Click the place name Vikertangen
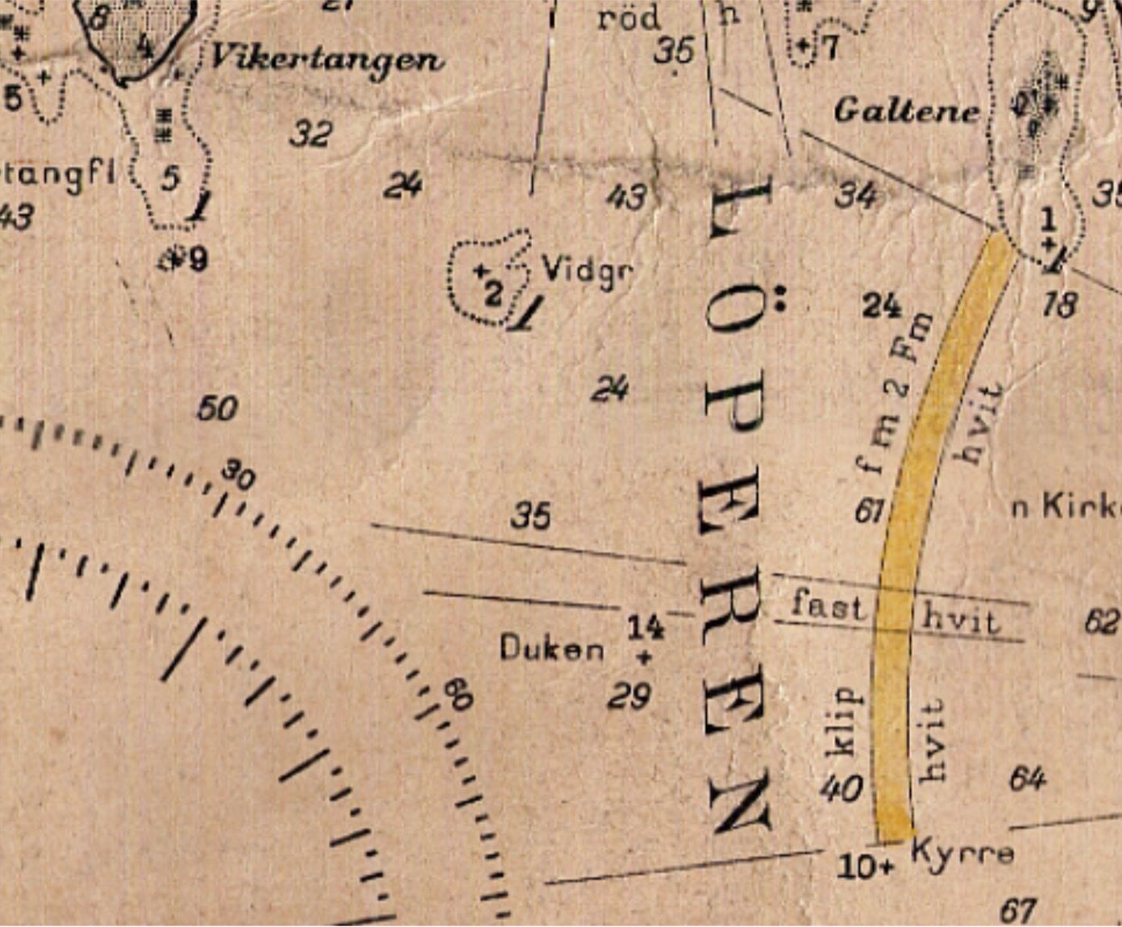(326, 58)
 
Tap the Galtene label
(906, 110)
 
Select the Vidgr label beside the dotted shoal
(587, 270)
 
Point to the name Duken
(551, 648)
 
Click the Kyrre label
(962, 852)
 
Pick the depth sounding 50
(218, 409)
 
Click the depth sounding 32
(311, 133)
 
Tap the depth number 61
(870, 510)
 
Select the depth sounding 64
(1028, 779)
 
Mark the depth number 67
(1017, 910)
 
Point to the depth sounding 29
(629, 696)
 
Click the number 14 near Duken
(646, 626)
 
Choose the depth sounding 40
(841, 788)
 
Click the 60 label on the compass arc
(457, 694)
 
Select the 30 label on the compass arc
(239, 476)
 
